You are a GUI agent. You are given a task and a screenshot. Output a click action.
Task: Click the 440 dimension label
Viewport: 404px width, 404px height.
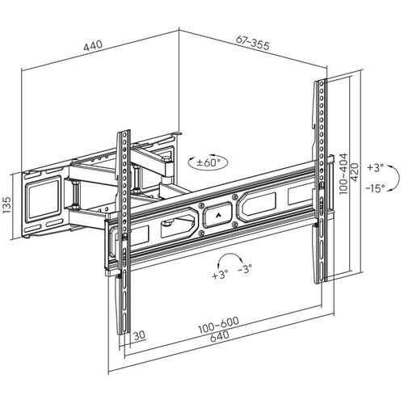93,45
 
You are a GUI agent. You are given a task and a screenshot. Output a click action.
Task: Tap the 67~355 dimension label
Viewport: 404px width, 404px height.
253,43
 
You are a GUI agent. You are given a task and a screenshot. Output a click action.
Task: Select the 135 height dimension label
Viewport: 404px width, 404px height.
6,204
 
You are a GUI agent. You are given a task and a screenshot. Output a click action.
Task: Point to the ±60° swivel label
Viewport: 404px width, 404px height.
208,162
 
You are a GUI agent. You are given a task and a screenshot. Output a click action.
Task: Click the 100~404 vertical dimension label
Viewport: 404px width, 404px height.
343,174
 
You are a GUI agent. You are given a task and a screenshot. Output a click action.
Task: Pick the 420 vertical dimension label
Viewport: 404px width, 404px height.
354,172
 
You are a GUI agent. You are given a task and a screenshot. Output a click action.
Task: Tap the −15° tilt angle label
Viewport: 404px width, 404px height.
375,187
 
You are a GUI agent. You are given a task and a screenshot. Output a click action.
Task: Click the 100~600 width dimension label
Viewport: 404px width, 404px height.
218,325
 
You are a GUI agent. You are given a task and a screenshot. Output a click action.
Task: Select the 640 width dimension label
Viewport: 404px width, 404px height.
220,336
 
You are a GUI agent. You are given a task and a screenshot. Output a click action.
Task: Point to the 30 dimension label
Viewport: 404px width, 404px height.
140,335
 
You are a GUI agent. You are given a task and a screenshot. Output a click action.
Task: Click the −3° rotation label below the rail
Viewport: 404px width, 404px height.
245,268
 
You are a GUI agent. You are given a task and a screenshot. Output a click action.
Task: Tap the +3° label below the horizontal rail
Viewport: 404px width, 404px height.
220,275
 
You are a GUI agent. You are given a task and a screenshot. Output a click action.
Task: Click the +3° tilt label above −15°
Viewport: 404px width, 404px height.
375,167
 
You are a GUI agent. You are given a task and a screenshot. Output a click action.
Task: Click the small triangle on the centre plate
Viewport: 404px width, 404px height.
217,215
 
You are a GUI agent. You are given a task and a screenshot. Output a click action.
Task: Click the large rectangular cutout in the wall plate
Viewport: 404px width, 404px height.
43,197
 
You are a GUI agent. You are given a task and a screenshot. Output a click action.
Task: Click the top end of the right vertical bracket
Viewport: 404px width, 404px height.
320,80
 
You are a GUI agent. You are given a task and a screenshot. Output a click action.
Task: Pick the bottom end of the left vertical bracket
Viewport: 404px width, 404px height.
124,334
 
